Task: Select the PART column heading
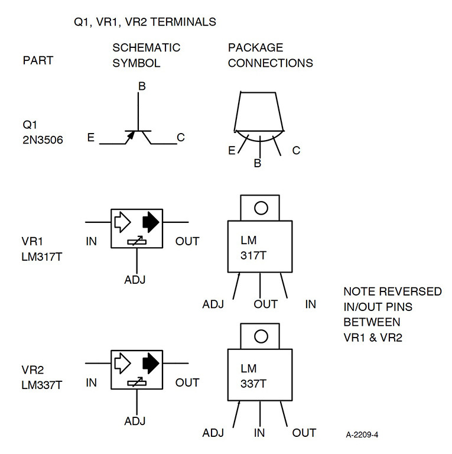pyautogui.click(x=38, y=61)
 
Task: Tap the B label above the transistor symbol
pyautogui.click(x=141, y=87)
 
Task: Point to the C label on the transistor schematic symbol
pyautogui.click(x=181, y=138)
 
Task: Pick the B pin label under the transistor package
pyautogui.click(x=257, y=163)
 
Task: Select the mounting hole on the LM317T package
pyautogui.click(x=261, y=207)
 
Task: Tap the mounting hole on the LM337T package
pyautogui.click(x=261, y=337)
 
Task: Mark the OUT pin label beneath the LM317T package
pyautogui.click(x=265, y=304)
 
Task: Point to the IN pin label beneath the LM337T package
pyautogui.click(x=259, y=433)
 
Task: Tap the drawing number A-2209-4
pyautogui.click(x=362, y=435)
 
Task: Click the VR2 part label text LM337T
pyautogui.click(x=43, y=385)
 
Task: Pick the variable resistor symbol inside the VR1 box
pyautogui.click(x=137, y=242)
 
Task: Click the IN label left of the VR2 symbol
pyautogui.click(x=91, y=383)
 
